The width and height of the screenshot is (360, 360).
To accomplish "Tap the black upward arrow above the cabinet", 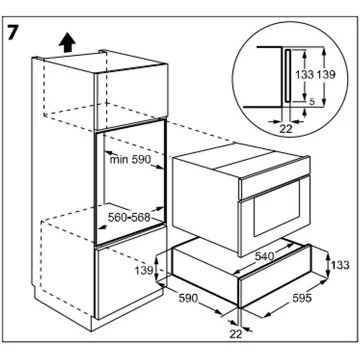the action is click(68, 42).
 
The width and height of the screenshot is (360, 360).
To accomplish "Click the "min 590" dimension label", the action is click(131, 159).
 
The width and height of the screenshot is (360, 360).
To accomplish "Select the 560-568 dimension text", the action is click(129, 218).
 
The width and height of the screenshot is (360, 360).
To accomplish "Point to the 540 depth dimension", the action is click(264, 256).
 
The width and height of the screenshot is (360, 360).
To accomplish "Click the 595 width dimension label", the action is click(301, 298).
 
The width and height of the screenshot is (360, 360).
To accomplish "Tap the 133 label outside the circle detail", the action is click(340, 265).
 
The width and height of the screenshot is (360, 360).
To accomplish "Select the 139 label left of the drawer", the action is click(144, 270).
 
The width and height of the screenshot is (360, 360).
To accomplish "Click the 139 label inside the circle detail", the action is click(326, 75).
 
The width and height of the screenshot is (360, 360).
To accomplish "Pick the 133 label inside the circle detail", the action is click(305, 75).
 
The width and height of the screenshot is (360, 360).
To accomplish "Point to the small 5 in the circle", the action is click(312, 102).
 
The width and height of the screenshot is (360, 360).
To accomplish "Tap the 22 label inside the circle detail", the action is click(286, 129).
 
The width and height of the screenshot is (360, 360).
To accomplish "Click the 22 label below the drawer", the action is click(236, 334).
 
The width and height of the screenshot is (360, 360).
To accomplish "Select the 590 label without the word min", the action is click(189, 298).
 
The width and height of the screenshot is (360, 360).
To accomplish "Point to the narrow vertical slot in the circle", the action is click(287, 75).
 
